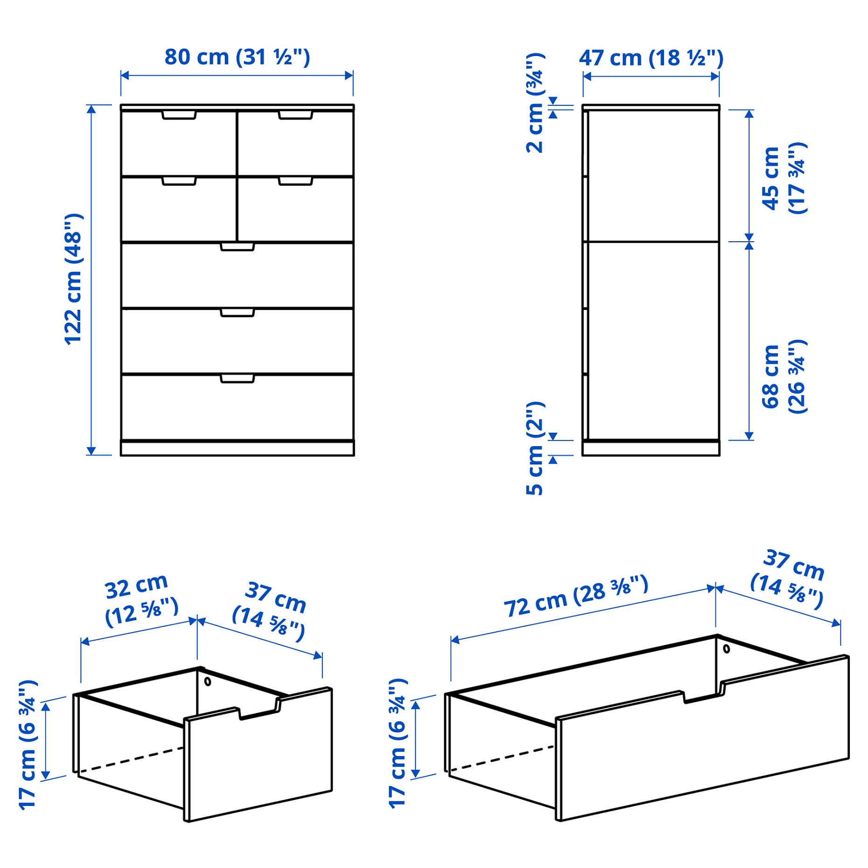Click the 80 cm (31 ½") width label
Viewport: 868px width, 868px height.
pyautogui.click(x=237, y=57)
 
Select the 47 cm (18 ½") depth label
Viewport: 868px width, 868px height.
pyautogui.click(x=651, y=58)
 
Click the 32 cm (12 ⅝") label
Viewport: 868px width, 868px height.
pyautogui.click(x=140, y=600)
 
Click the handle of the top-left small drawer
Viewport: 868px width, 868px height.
pyautogui.click(x=179, y=115)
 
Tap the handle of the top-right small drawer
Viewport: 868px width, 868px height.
pyautogui.click(x=295, y=115)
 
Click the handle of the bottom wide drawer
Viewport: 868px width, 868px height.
pyautogui.click(x=237, y=378)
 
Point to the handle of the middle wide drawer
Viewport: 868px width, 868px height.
pyautogui.click(x=237, y=312)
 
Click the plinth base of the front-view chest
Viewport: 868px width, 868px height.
pyautogui.click(x=237, y=448)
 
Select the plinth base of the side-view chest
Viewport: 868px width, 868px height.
pyautogui.click(x=651, y=448)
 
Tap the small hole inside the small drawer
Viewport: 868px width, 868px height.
pyautogui.click(x=208, y=682)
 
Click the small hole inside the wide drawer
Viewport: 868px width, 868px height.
pyautogui.click(x=726, y=649)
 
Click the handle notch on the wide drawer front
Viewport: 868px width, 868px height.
pyautogui.click(x=703, y=695)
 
